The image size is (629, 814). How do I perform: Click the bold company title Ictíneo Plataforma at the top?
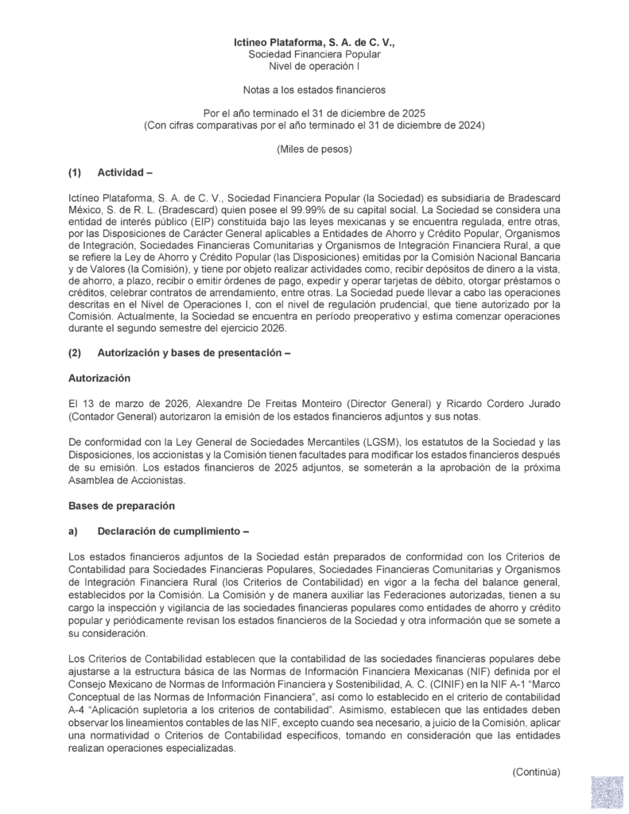click(x=314, y=41)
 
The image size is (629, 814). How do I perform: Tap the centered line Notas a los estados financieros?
click(x=314, y=92)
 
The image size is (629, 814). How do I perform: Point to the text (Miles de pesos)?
click(x=314, y=149)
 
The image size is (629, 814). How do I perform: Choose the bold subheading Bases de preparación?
click(x=121, y=505)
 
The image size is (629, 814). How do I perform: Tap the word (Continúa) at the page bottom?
click(x=537, y=771)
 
